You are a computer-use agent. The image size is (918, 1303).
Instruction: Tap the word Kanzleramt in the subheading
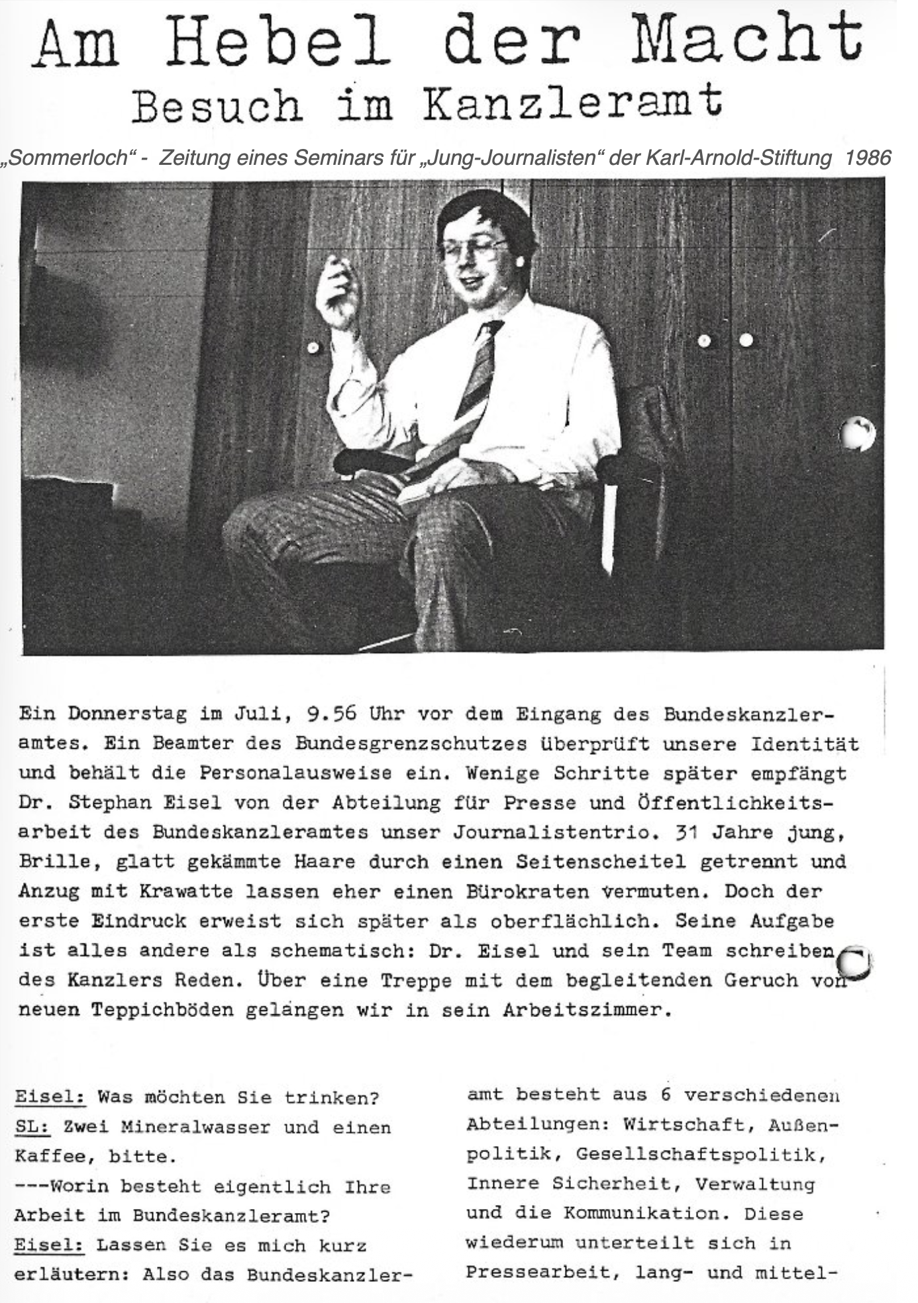click(x=574, y=105)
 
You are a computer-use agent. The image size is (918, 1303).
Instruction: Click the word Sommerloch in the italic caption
click(x=66, y=158)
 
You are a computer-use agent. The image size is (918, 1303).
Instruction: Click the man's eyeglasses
click(x=473, y=250)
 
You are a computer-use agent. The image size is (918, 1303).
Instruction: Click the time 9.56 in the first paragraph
click(x=332, y=714)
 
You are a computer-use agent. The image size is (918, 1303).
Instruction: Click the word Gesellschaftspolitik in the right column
click(x=701, y=1154)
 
